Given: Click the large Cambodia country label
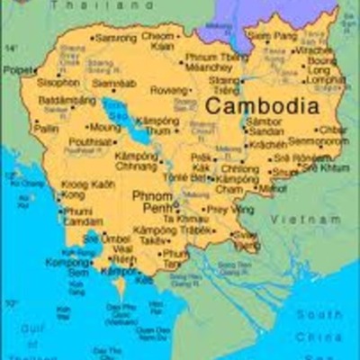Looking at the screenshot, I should pos(262,105).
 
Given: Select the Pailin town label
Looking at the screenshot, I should pos(45,129).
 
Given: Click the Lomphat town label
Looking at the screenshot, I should pos(326,79).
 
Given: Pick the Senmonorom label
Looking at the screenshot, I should pos(319,142).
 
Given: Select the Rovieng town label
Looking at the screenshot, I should pos(168,90).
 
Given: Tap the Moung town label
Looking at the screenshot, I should pos(104,128).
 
